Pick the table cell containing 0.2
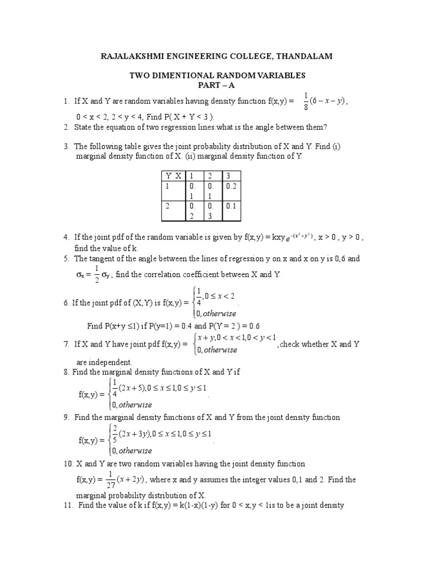point(232,186)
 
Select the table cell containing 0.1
point(232,207)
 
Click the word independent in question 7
point(111,362)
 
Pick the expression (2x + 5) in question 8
point(131,388)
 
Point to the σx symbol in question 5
point(81,275)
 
